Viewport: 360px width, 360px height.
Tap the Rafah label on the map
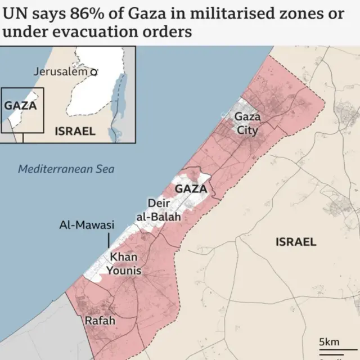100,321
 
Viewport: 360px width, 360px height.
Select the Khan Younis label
125,264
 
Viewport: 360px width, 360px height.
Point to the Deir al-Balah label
159,209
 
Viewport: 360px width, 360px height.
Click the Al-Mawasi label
87,226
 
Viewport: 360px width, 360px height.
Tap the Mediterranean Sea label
66,168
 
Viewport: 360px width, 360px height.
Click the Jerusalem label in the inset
61,71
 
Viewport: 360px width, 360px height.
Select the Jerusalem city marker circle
94,72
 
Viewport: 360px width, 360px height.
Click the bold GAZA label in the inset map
20,105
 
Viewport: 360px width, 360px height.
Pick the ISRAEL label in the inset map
75,132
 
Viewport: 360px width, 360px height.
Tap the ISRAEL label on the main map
296,242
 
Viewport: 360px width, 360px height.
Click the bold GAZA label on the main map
191,189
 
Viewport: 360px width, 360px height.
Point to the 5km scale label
329,342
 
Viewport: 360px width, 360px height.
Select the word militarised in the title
224,12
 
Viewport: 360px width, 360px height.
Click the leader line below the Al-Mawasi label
109,240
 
